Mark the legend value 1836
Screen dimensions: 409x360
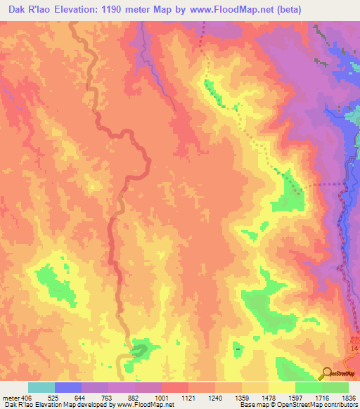click(x=348, y=397)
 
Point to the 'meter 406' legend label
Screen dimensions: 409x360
click(x=16, y=397)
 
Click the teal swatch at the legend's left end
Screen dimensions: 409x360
click(x=41, y=387)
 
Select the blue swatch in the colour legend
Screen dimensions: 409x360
click(x=68, y=387)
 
